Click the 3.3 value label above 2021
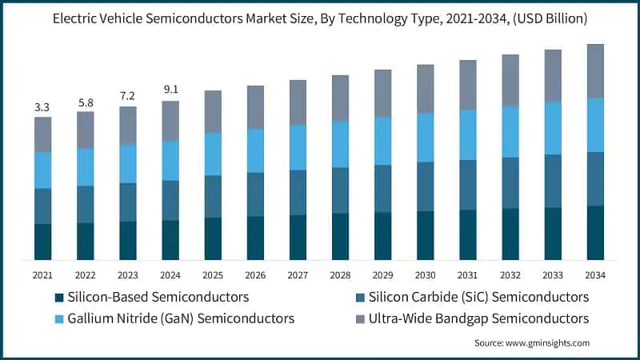pyautogui.click(x=42, y=106)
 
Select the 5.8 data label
pyautogui.click(x=85, y=102)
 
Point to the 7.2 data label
pyautogui.click(x=127, y=96)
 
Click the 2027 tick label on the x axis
pyautogui.click(x=298, y=275)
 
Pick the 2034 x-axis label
pyautogui.click(x=595, y=275)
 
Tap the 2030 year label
pyautogui.click(x=425, y=275)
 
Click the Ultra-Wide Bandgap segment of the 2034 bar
pyautogui.click(x=595, y=70)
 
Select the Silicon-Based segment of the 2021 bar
pyautogui.click(x=42, y=242)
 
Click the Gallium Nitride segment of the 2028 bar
pyautogui.click(x=340, y=144)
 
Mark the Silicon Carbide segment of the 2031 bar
pyautogui.click(x=468, y=185)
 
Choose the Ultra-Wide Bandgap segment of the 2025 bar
pyautogui.click(x=213, y=111)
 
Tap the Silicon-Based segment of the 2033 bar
pyautogui.click(x=553, y=234)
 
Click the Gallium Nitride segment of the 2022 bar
pyautogui.click(x=85, y=166)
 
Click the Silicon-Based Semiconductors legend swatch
pyautogui.click(x=58, y=298)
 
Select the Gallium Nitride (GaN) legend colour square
pyautogui.click(x=58, y=318)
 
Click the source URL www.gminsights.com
pyautogui.click(x=542, y=342)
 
